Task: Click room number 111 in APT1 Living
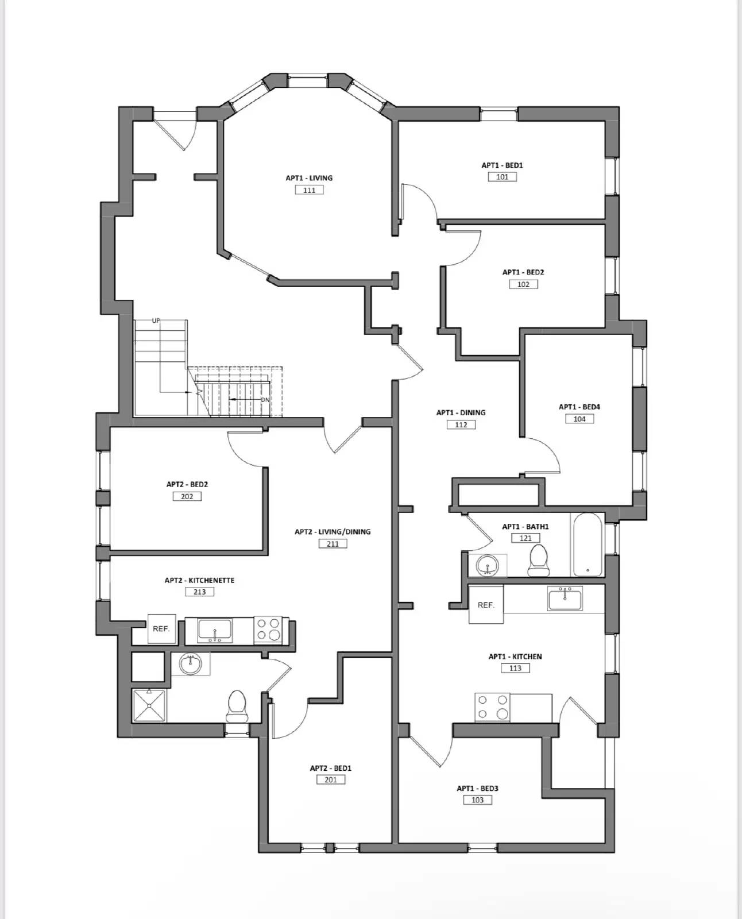309,190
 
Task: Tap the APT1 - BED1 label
502,165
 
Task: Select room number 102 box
523,284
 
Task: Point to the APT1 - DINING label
461,412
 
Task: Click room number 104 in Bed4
579,419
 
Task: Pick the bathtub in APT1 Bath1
587,545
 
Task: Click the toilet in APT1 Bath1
539,559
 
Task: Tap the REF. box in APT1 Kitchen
486,605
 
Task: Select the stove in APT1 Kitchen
493,708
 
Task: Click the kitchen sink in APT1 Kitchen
565,599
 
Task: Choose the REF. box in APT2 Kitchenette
161,629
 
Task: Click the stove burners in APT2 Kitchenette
268,630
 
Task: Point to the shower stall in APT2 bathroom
149,705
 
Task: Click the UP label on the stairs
156,321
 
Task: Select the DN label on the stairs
265,400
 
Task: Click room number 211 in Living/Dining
333,544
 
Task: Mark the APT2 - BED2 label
187,484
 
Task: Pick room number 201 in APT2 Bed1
331,780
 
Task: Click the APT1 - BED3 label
477,789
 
